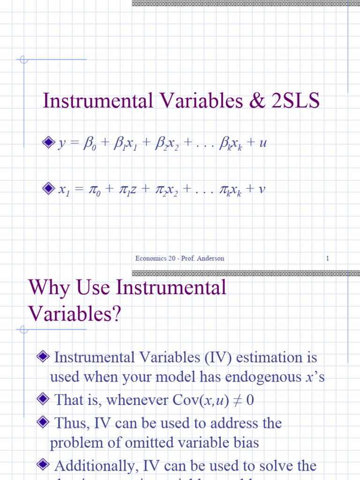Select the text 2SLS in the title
pyautogui.click(x=296, y=102)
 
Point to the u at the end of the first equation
pyautogui.click(x=263, y=143)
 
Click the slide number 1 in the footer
pyautogui.click(x=328, y=258)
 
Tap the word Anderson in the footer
pyautogui.click(x=211, y=258)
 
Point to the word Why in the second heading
pyautogui.click(x=46, y=287)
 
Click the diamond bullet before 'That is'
pyautogui.click(x=42, y=400)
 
